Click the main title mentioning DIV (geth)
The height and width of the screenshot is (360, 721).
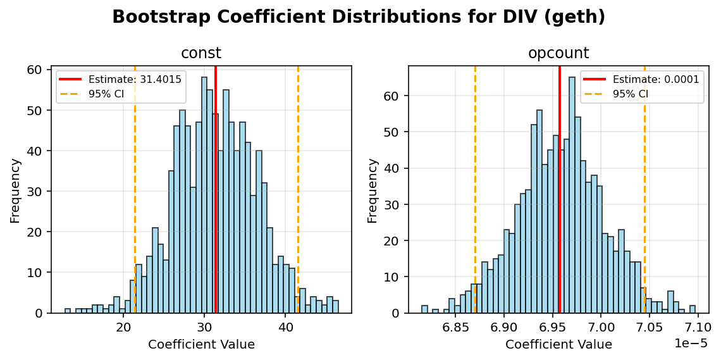coord(359,17)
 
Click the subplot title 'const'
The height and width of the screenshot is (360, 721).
coord(201,54)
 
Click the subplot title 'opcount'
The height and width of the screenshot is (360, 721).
coord(558,54)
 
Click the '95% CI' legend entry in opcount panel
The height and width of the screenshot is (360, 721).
coord(630,94)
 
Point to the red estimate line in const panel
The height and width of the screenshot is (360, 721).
coord(216,190)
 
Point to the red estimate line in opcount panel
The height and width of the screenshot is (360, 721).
coord(560,190)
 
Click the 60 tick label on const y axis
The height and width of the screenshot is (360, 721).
coord(38,70)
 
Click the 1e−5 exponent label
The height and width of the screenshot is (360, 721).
coord(691,343)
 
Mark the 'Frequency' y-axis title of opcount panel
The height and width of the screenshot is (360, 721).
coord(373,190)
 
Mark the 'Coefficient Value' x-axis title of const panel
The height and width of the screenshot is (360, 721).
coord(201,345)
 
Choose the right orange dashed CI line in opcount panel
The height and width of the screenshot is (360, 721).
coord(644,190)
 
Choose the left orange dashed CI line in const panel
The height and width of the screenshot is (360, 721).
coord(135,190)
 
